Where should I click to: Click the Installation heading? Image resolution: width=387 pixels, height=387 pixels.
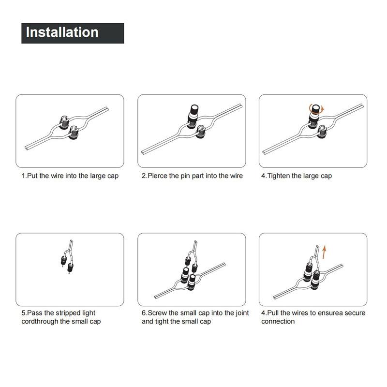[x=62, y=33]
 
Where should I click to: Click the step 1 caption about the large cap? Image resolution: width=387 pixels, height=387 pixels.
[x=70, y=176]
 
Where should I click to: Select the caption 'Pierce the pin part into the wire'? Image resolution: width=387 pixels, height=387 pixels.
[x=192, y=176]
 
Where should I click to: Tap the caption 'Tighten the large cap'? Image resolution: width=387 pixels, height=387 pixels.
[x=297, y=176]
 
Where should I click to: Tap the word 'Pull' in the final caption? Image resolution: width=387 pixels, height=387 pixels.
[x=275, y=313]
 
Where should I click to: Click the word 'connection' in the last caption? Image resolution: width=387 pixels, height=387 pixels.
[x=278, y=322]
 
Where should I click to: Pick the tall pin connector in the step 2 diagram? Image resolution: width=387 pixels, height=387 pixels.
[x=194, y=116]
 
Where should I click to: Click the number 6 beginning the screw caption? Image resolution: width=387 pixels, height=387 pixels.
[x=144, y=313]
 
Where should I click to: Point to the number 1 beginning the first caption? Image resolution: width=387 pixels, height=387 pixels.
[x=23, y=176]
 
